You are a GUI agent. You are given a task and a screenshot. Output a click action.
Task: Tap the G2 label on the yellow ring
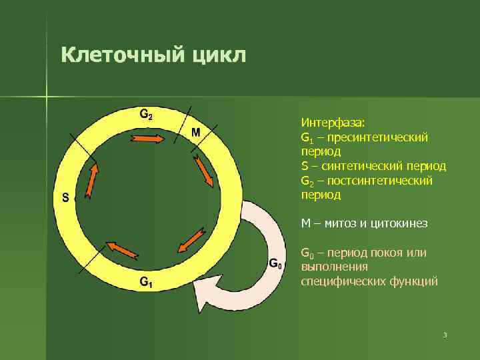pyautogui.click(x=145, y=113)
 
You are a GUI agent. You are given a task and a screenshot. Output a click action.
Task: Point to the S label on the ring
pyautogui.click(x=65, y=197)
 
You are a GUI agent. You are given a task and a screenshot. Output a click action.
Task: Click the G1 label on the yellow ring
pyautogui.click(x=145, y=282)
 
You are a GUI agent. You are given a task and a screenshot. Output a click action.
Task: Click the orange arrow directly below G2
pyautogui.click(x=147, y=139)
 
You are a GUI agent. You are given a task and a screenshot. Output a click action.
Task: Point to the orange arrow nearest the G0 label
pyautogui.click(x=193, y=239)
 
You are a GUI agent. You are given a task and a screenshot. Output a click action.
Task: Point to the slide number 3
pyautogui.click(x=444, y=335)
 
